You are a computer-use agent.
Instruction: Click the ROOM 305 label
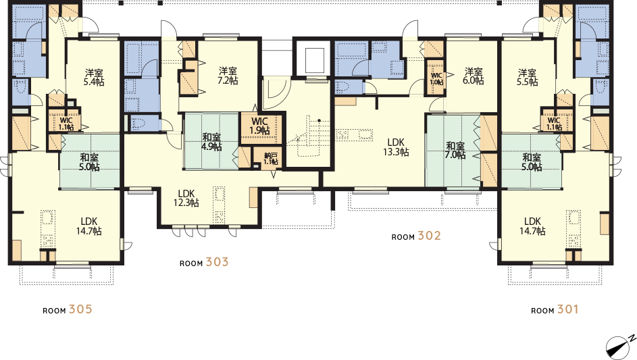[x=68, y=309]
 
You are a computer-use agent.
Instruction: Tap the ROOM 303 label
[x=204, y=263]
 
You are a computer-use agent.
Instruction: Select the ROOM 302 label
[x=416, y=236]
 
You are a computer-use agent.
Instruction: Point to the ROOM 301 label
[x=555, y=309]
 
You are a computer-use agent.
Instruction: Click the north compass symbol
[x=620, y=346]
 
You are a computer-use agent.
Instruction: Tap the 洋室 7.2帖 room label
[x=228, y=76]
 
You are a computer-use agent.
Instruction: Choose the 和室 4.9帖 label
[x=211, y=142]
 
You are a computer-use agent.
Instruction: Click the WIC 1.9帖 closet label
[x=259, y=126]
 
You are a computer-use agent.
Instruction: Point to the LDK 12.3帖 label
[x=186, y=198]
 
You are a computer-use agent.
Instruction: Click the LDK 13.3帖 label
[x=396, y=147]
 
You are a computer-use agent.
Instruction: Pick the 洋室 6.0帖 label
[x=474, y=76]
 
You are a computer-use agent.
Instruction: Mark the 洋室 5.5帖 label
[x=528, y=77]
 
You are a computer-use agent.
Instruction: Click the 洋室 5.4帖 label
[x=94, y=77]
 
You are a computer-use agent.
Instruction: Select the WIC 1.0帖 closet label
[x=437, y=79]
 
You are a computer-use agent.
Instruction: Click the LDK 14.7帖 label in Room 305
[x=89, y=226]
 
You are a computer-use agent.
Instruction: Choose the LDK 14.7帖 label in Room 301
[x=532, y=226]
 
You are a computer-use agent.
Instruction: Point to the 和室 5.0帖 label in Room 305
[x=89, y=162]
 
